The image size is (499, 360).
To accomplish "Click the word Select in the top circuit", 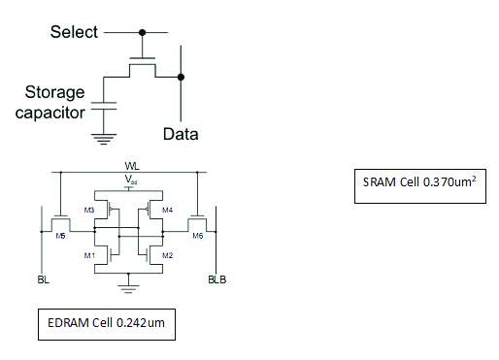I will [x=74, y=32].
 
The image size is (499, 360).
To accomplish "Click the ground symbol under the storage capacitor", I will [x=103, y=136].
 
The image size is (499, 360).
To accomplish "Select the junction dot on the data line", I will [x=181, y=75].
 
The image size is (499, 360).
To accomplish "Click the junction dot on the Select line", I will [x=144, y=32].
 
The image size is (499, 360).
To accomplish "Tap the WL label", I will [x=133, y=167].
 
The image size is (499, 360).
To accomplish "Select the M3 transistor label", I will [x=88, y=210].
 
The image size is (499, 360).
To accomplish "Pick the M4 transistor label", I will [x=167, y=210].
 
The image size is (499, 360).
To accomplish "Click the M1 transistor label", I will [x=88, y=254].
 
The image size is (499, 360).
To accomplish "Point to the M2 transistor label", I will [x=167, y=254].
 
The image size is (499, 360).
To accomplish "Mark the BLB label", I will [x=216, y=280].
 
